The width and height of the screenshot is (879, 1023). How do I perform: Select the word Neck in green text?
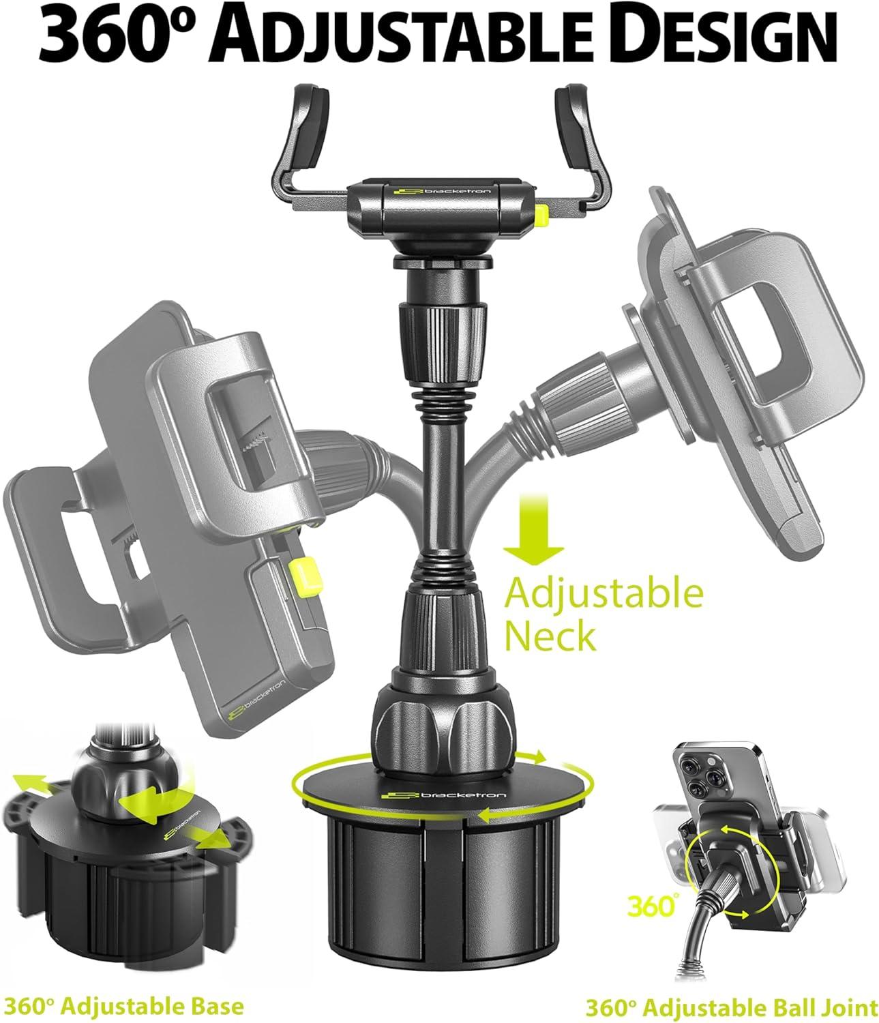[x=551, y=636]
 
